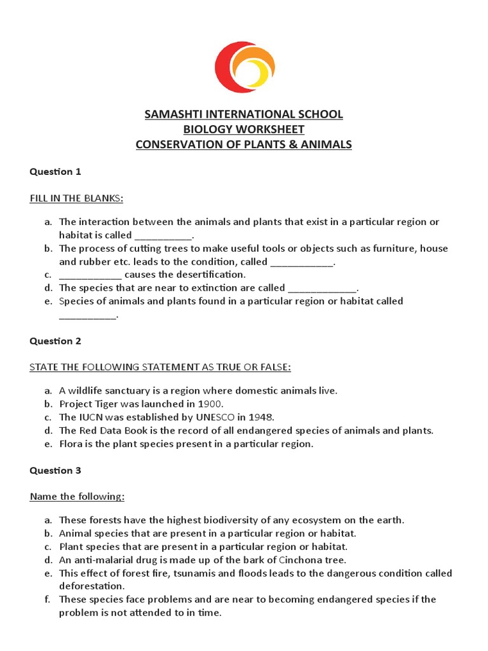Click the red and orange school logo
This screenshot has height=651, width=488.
point(244,67)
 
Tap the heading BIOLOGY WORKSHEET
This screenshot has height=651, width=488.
point(243,130)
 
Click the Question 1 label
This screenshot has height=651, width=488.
point(55,172)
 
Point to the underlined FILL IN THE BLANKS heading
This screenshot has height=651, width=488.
point(76,198)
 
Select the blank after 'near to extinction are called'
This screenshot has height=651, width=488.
point(322,288)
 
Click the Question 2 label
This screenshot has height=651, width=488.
point(55,341)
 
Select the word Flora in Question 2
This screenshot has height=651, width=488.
point(71,444)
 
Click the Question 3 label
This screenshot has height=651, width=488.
point(55,470)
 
